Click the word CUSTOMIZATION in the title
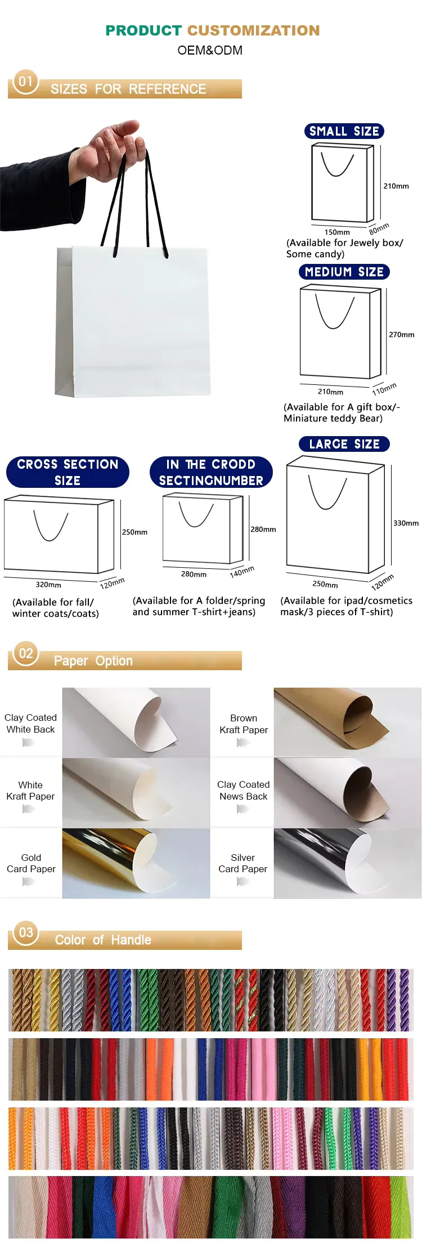(x=253, y=30)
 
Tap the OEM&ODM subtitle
(x=210, y=51)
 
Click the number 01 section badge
(x=26, y=82)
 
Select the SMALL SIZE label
(x=344, y=131)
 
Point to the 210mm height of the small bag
(x=396, y=186)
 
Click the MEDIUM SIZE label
(x=344, y=272)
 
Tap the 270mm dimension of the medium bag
(x=402, y=335)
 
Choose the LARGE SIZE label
(x=344, y=444)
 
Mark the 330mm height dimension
(x=406, y=523)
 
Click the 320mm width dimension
(x=48, y=585)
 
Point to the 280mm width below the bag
(x=194, y=575)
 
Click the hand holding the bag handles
(x=113, y=147)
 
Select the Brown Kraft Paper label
(x=244, y=724)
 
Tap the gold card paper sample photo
(x=136, y=863)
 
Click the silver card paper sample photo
(x=348, y=863)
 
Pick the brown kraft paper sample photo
(x=348, y=723)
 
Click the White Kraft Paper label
(x=30, y=791)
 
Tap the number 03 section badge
(x=26, y=932)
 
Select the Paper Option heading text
(x=93, y=661)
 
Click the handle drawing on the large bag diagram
(x=327, y=492)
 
